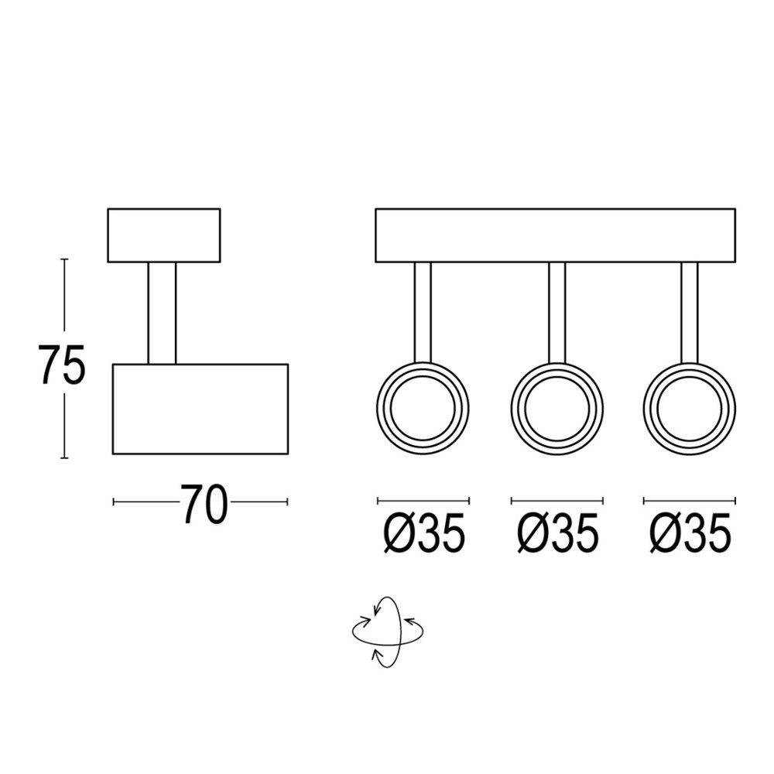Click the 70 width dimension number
(204, 504)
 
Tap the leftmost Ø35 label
(424, 533)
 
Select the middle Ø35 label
(558, 533)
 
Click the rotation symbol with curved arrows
(388, 632)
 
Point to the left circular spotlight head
(423, 407)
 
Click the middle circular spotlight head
(557, 407)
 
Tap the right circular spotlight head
(690, 407)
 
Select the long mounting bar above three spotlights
(555, 235)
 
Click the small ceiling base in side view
(164, 235)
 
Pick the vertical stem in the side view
(162, 313)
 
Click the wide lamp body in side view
(200, 409)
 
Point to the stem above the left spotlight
(423, 311)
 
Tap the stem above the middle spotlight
(557, 311)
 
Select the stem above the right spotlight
(690, 311)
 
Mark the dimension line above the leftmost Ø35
(423, 501)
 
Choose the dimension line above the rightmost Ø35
(690, 501)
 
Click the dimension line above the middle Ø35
(557, 501)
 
